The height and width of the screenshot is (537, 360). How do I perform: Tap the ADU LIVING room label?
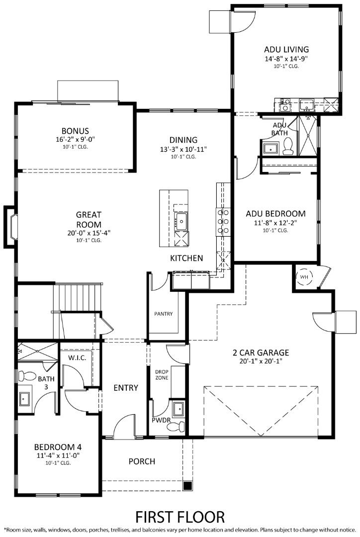(x=286, y=49)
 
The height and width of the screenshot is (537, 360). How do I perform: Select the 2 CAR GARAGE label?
(x=261, y=353)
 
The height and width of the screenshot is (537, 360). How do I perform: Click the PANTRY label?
(x=163, y=314)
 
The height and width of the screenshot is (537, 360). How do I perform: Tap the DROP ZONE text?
(x=162, y=374)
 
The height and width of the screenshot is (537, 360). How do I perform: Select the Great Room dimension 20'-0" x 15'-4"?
(x=89, y=232)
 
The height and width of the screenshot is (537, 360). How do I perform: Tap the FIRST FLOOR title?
(x=180, y=516)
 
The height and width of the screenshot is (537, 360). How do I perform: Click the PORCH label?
(x=142, y=461)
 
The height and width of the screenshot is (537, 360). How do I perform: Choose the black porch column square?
(x=187, y=485)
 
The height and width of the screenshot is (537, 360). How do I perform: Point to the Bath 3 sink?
(x=24, y=399)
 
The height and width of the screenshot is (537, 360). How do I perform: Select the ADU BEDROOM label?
(x=275, y=214)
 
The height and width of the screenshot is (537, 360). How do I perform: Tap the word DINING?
(x=183, y=140)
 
